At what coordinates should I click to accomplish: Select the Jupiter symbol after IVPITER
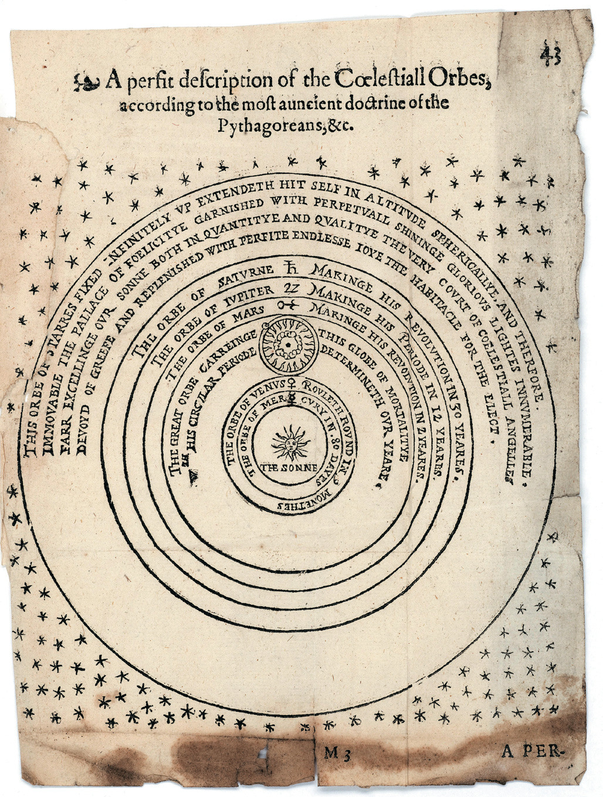pyautogui.click(x=292, y=288)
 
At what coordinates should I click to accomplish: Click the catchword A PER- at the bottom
pyautogui.click(x=531, y=751)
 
